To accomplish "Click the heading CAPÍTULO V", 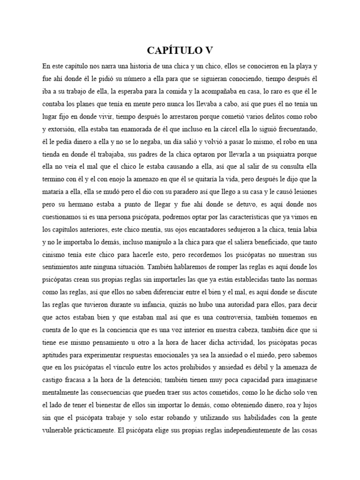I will (180, 50).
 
